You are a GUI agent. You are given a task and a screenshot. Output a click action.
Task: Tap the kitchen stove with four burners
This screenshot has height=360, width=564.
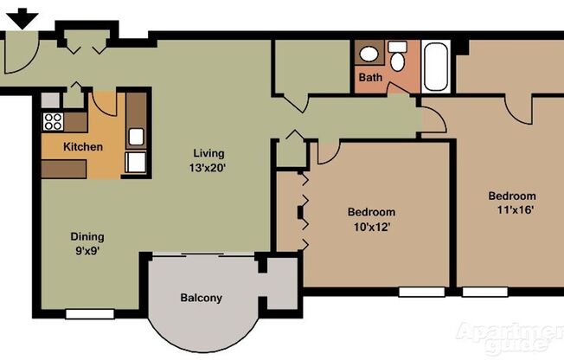coord(53,122)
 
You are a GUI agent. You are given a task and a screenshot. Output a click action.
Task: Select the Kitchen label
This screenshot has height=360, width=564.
coord(83,147)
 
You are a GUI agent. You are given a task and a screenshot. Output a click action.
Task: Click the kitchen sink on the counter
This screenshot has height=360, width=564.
coord(137,136)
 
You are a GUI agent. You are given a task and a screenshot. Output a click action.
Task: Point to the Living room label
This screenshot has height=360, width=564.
coord(208,154)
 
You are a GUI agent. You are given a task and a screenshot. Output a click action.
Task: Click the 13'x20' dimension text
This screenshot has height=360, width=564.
coord(209,169)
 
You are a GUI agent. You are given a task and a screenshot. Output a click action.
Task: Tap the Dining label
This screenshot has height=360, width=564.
coord(87,236)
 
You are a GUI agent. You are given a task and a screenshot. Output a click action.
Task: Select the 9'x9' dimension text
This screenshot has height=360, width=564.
coord(87,252)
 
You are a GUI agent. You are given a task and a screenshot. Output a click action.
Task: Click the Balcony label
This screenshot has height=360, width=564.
coord(201,299)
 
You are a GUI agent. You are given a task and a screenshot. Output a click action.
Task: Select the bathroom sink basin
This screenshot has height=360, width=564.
coord(369,55)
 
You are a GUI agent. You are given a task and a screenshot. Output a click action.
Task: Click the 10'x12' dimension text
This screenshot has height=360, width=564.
coord(371,228)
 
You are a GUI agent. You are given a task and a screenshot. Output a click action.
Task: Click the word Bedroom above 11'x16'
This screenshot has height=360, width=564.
coord(511,196)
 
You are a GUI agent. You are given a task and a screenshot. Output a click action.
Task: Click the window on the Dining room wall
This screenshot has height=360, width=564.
coord(90,313)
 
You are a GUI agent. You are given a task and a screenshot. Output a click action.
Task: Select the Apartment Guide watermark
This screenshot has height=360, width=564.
coord(510,337)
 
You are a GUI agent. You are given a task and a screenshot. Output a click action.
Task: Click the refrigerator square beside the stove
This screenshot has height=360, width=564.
coord(51,101)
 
